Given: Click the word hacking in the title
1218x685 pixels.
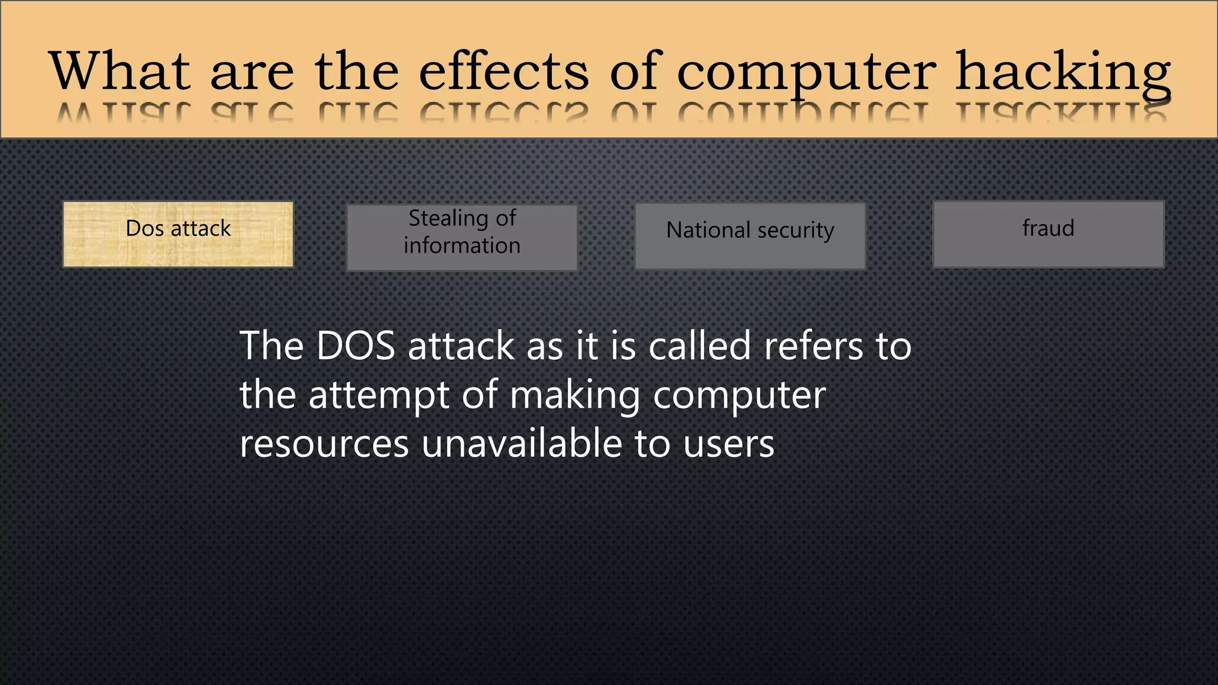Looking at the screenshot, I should pyautogui.click(x=1063, y=73).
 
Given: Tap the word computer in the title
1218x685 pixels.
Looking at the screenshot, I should pyautogui.click(x=806, y=73).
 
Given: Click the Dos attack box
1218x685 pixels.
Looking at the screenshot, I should pyautogui.click(x=178, y=234).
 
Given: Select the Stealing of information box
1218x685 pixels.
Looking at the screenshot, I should pyautogui.click(x=462, y=238).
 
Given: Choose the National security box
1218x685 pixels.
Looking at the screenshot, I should pyautogui.click(x=750, y=236).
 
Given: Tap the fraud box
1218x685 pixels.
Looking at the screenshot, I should pyautogui.click(x=1048, y=234).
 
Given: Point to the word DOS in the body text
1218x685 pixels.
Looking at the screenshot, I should pyautogui.click(x=356, y=346).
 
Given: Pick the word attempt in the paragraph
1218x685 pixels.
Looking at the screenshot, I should pyautogui.click(x=379, y=395).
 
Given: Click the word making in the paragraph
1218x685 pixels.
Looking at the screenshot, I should pyautogui.click(x=575, y=395).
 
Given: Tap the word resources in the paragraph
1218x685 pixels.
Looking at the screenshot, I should pyautogui.click(x=324, y=444).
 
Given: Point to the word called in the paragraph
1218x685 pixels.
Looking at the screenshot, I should pyautogui.click(x=699, y=346).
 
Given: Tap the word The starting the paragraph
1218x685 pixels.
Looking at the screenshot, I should pyautogui.click(x=271, y=346).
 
